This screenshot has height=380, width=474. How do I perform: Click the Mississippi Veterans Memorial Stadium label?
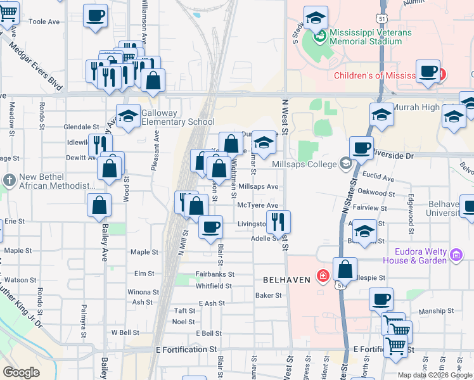point(370,37)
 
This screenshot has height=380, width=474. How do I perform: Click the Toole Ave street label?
point(44,22)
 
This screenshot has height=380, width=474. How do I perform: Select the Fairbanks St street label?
point(215,274)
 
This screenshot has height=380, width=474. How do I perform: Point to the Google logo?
point(21,372)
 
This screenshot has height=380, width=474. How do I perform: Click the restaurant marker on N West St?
point(279,222)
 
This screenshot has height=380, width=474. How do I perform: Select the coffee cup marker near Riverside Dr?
point(361,148)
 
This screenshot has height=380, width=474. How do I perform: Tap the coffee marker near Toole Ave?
point(96,16)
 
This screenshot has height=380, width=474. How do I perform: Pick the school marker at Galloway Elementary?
point(128,116)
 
